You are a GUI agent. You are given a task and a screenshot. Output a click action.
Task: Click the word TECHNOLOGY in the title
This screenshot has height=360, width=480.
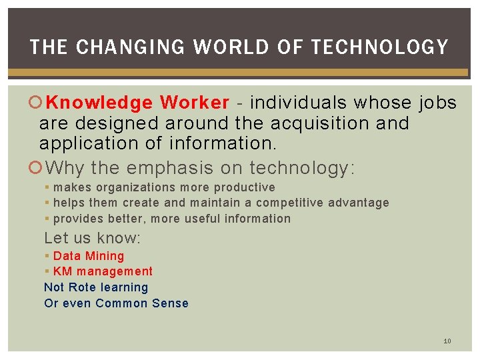tap(380, 47)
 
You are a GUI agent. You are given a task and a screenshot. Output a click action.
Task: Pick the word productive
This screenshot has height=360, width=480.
tap(245, 187)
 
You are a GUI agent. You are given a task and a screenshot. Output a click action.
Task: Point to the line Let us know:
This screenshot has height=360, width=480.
tap(92, 238)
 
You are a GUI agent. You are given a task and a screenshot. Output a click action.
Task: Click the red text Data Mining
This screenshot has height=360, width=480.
tap(89, 256)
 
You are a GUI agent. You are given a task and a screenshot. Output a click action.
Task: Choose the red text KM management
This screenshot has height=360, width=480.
tap(103, 271)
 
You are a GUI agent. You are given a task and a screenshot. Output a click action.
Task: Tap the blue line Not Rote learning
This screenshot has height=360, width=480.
tap(96, 287)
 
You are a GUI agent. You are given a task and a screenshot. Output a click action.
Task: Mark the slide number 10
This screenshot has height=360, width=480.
tap(447, 341)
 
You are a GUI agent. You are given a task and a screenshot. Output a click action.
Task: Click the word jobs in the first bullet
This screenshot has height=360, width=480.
tap(437, 103)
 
